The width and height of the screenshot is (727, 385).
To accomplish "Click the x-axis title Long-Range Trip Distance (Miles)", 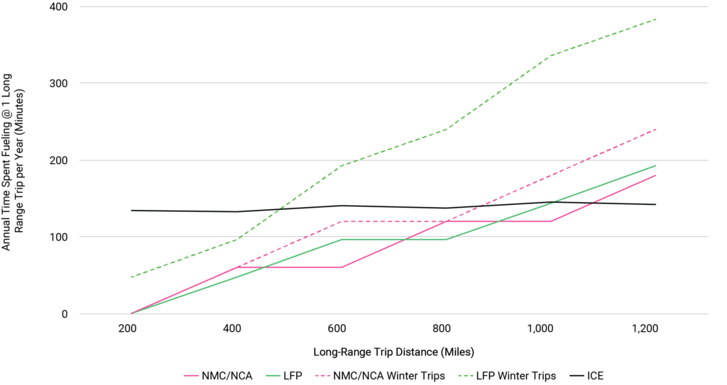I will click(394, 352).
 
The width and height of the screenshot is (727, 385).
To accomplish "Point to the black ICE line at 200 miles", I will click(132, 210).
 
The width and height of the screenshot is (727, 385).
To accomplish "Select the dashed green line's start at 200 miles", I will click(132, 277).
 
